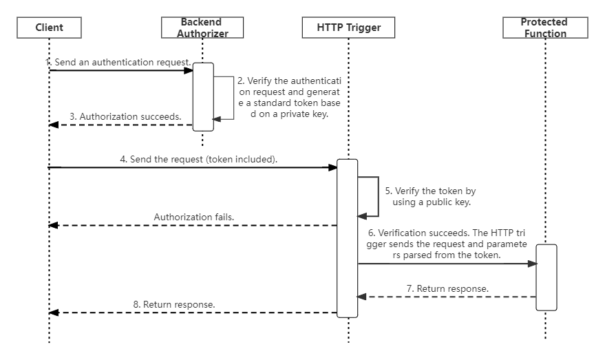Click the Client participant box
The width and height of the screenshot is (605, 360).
pos(49,28)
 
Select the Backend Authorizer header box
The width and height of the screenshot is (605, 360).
pos(202,28)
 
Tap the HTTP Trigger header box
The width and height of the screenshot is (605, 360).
pos(348,28)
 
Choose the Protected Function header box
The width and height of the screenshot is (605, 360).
pos(545,28)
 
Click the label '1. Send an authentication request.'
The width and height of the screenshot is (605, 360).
pos(118,62)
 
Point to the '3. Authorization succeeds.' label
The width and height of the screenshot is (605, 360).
pos(125,116)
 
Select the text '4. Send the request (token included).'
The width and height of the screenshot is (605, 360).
pos(199,160)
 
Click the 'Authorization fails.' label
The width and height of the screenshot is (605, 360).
pos(194,218)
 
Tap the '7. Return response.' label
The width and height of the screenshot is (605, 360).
pos(447,288)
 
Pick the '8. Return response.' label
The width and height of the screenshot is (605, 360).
pos(174,304)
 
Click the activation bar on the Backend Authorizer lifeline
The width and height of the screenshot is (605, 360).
pos(203,97)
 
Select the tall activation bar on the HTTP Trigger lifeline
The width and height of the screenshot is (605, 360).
pos(348,238)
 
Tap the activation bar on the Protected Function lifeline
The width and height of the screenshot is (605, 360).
pos(546,277)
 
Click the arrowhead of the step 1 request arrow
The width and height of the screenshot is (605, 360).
pos(189,71)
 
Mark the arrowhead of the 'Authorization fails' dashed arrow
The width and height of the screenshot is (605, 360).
pos(53,225)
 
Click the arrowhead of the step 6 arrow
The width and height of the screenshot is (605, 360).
pos(533,264)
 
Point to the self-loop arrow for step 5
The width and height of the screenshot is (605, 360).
pos(378,197)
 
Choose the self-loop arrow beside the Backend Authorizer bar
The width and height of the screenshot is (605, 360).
pos(233,98)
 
